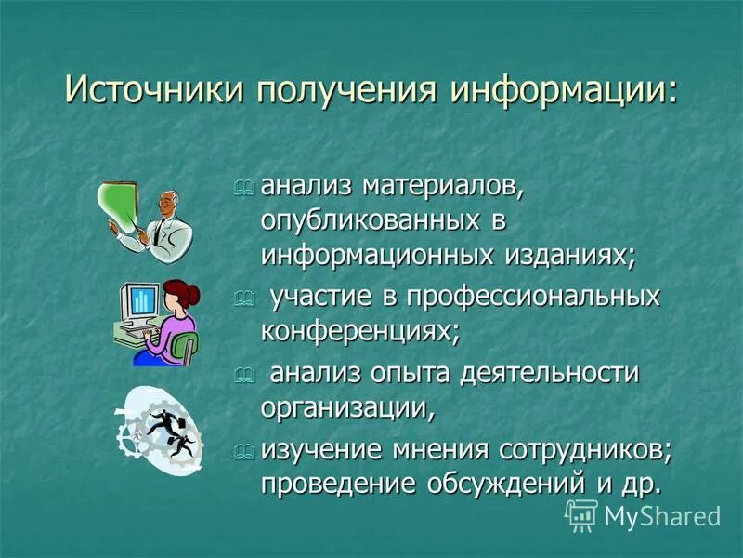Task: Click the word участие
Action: point(319,298)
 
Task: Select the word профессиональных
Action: point(530,298)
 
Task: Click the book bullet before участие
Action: point(243,299)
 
